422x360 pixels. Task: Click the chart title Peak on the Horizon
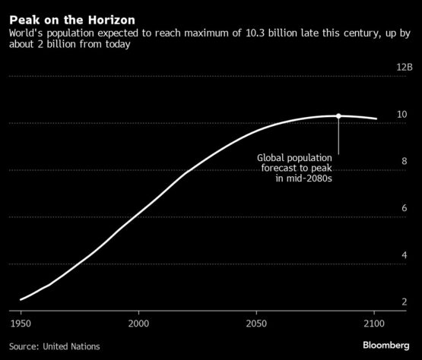(72, 21)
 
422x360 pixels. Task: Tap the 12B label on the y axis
(405, 67)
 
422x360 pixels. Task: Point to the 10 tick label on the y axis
(402, 115)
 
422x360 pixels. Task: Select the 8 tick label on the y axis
(405, 161)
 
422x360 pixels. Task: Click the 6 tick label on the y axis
(405, 208)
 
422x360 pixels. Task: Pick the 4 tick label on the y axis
(405, 255)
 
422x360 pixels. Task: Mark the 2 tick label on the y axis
(405, 302)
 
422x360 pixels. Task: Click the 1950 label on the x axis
(21, 324)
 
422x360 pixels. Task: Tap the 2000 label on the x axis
(138, 324)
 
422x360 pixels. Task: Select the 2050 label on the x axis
(256, 324)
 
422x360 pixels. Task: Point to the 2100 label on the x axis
(374, 324)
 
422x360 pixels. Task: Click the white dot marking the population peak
(338, 116)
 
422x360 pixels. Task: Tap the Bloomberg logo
(386, 346)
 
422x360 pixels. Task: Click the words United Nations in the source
(71, 346)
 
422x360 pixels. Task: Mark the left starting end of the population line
(21, 299)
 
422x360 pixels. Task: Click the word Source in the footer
(24, 346)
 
